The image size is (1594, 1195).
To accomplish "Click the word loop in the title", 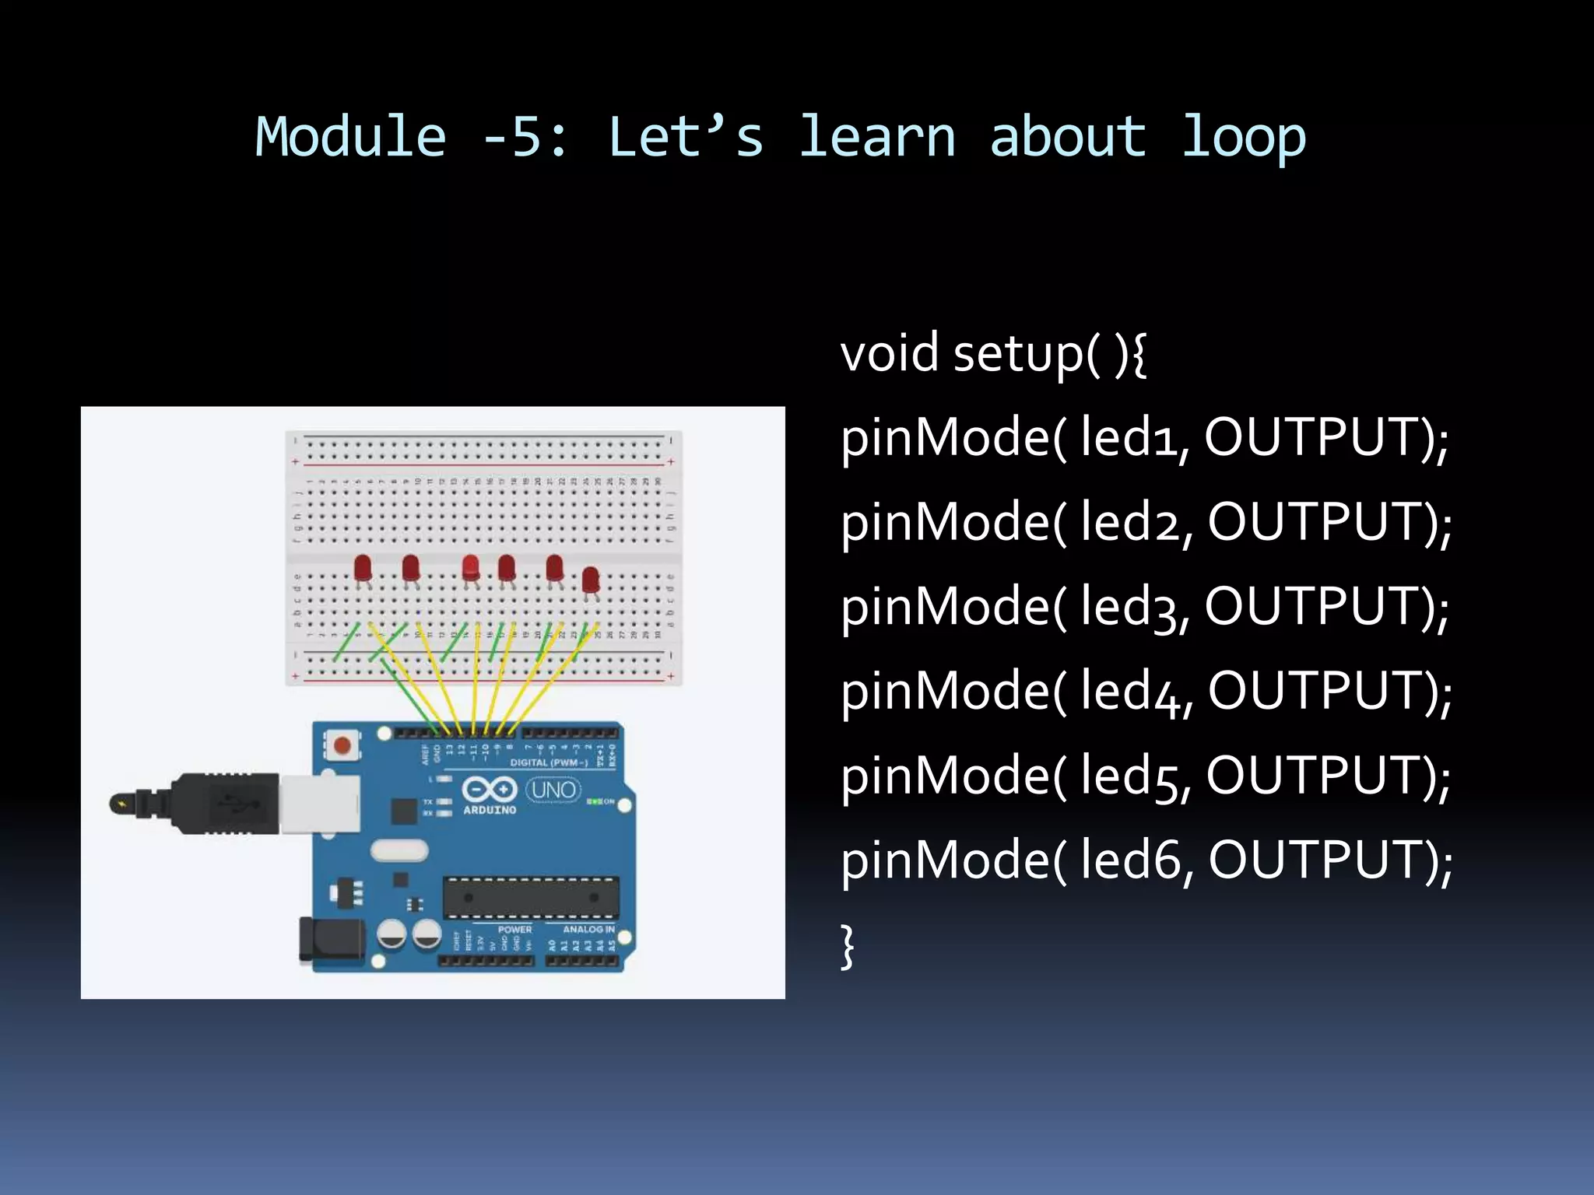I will pos(1243,137).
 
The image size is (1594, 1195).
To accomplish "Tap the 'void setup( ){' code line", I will pos(993,353).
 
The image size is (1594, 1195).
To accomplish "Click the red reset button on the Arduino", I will pos(342,746).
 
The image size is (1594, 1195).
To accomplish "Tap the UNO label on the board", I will pos(553,790).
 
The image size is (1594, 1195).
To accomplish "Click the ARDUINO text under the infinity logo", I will pos(490,810).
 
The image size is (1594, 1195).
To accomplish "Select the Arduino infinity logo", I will pos(490,790).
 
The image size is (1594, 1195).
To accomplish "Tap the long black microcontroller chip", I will pos(531,897).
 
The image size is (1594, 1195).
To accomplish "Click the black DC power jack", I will pos(332,940).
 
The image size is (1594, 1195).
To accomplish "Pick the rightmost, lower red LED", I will pos(591,580).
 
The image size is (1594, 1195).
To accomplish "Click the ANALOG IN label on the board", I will pos(588,929).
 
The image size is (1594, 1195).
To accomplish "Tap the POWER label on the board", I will pos(514,929).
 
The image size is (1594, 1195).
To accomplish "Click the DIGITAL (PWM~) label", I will pos(549,762).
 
